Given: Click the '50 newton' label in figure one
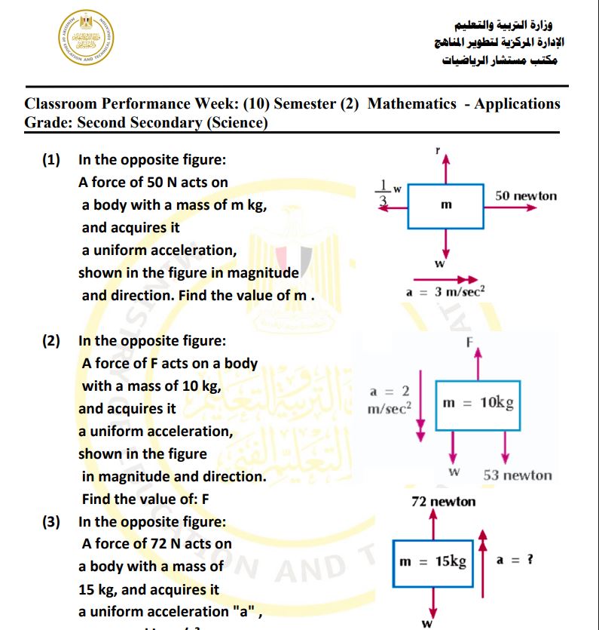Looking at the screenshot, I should pos(526,195).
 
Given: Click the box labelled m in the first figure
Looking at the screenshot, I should pos(445,204).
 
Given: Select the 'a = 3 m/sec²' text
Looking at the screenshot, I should pos(445,292).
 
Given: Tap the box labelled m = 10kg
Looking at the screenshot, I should pos(478,403).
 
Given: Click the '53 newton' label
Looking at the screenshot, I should pos(517,475).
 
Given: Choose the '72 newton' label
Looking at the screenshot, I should pos(443,501).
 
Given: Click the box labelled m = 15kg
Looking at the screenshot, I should pos(432,562).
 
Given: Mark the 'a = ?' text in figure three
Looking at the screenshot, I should pos(515,561).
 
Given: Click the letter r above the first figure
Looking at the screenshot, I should pos(437,151).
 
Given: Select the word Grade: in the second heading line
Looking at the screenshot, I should pos(48,123).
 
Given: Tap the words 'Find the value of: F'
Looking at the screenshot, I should pos(145,499).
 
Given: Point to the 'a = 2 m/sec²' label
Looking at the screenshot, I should pos(389,399).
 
